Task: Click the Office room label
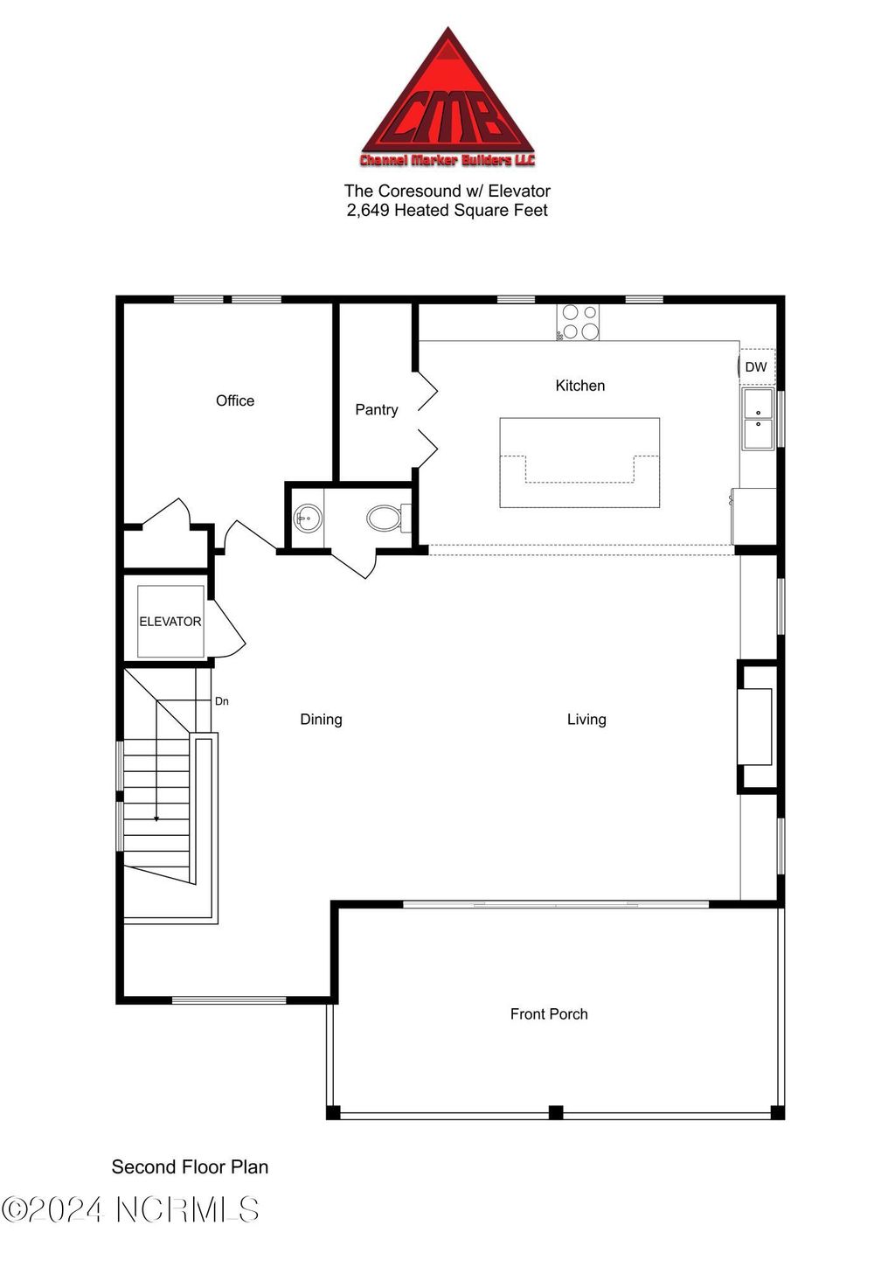[235, 400]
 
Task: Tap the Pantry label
[376, 409]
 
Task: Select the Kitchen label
[579, 386]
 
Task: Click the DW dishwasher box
[756, 367]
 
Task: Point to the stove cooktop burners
[579, 322]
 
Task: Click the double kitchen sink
[758, 419]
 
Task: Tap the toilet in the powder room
[385, 519]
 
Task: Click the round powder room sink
[307, 519]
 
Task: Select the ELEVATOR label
[170, 622]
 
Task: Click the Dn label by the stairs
[222, 701]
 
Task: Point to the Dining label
[321, 720]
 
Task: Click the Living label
[586, 720]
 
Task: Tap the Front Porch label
[549, 1014]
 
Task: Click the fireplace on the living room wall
[755, 727]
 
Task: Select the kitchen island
[579, 462]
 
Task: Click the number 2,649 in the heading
[368, 211]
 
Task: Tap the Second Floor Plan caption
[190, 1167]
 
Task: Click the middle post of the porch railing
[555, 1112]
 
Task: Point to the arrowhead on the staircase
[156, 818]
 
